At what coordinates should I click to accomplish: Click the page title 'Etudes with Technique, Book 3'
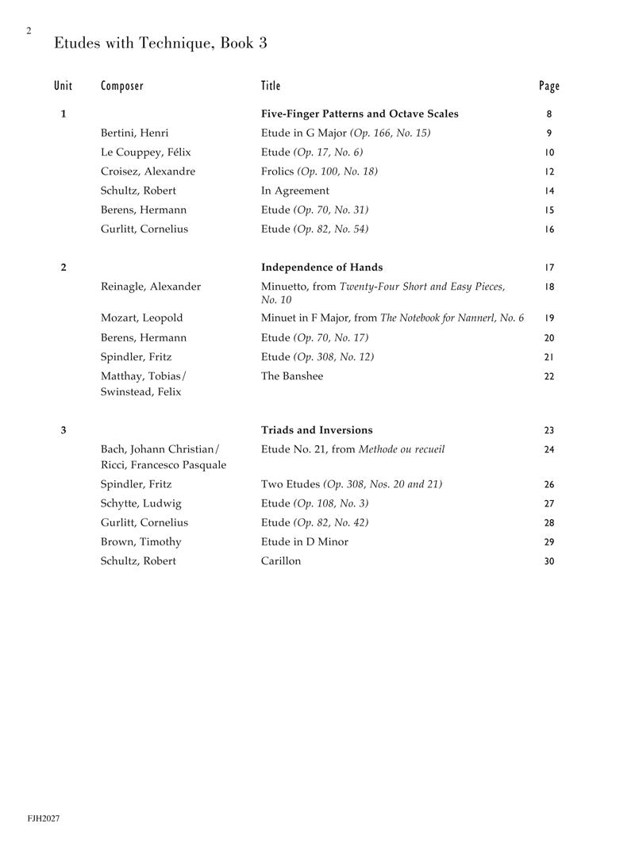point(160,44)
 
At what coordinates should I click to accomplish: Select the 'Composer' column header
point(122,86)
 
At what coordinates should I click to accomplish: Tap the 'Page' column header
point(548,86)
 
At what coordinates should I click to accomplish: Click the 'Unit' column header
point(63,86)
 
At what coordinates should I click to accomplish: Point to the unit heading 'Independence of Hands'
point(322,268)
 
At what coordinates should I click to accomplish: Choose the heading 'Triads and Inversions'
point(317,430)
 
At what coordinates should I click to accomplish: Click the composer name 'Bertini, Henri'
point(135,133)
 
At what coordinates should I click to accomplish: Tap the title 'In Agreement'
point(295,191)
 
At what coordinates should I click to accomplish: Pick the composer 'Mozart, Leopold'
point(141,318)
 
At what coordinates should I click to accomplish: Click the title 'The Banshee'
point(292,376)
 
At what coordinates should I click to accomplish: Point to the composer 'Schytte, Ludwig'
point(141,503)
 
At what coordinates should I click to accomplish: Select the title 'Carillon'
point(281,561)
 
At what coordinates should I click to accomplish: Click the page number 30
point(549,561)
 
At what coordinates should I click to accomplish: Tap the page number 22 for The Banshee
point(549,376)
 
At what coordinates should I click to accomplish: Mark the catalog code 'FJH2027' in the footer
point(44,818)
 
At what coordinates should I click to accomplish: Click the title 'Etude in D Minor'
point(305,542)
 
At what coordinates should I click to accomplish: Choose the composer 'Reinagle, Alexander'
point(151,287)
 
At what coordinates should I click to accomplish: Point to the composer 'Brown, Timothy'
point(141,542)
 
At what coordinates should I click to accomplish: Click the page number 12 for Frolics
point(549,171)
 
